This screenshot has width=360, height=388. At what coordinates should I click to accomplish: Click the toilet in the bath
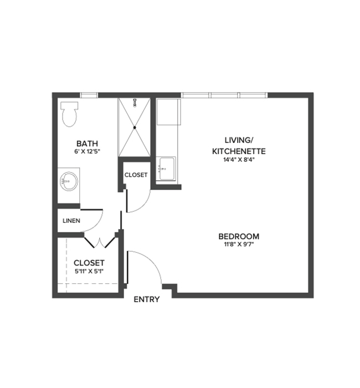coord(69,114)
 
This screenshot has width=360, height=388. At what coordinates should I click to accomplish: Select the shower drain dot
coord(135,127)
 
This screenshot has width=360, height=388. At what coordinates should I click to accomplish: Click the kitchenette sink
coord(166,168)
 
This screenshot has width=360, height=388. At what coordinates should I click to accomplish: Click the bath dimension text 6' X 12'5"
coord(87,151)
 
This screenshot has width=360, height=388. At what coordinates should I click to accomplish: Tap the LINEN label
coord(71,221)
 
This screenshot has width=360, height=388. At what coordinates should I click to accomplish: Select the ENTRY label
coord(147,299)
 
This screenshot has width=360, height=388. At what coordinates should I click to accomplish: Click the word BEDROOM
coord(239,236)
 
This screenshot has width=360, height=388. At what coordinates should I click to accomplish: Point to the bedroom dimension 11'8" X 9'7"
coord(239,244)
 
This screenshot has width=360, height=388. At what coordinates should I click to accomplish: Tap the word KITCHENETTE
coord(239,150)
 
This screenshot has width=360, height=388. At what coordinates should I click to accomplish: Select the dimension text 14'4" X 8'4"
coord(239,160)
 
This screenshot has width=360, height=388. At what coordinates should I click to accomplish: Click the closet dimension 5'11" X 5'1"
coord(89,272)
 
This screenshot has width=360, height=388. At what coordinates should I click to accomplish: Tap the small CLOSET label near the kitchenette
coord(136,175)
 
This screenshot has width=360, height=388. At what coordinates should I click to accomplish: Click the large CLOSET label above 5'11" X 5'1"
coord(89,262)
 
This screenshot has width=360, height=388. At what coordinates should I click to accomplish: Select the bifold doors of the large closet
coord(100,242)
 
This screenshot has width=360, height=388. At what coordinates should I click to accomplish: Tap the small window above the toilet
coord(89,95)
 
